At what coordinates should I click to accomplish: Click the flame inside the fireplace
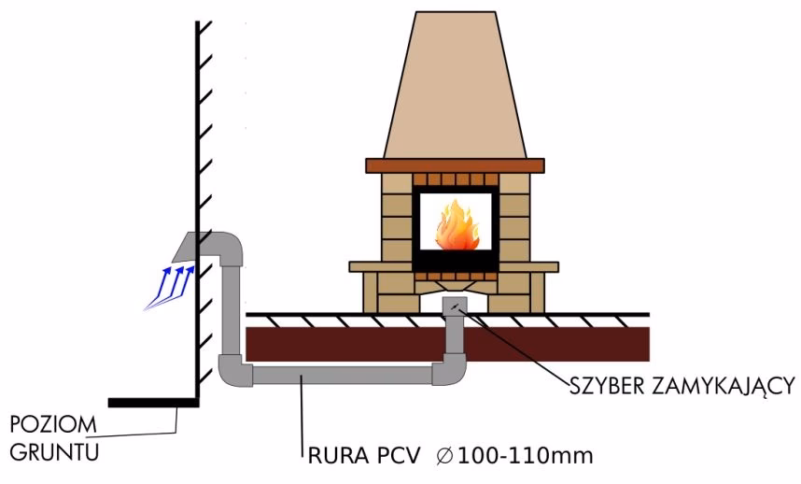456,229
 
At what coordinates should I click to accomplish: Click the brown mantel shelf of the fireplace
454,165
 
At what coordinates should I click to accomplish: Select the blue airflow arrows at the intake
167,286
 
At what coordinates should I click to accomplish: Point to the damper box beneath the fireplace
455,306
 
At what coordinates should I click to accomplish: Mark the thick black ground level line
153,403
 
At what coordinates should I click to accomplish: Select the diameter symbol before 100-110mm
445,458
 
